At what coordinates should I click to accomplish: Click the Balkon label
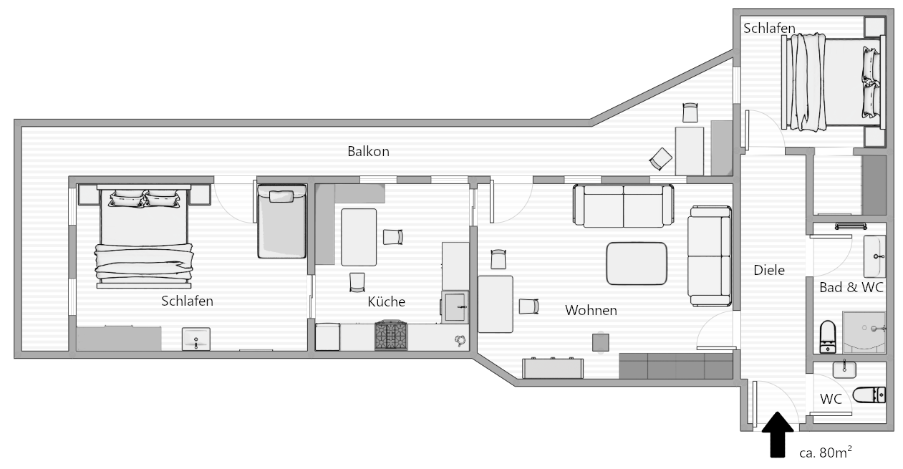coord(368,152)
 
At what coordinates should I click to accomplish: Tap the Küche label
coord(386,301)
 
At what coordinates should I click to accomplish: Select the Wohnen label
coord(591,310)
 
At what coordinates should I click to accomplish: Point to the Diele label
coord(769,270)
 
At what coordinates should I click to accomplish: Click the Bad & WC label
coord(851,287)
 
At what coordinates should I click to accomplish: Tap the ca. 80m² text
coord(825,452)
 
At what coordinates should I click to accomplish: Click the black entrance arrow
coord(778,435)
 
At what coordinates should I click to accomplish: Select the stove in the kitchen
coord(390,335)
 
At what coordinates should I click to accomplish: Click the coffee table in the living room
coord(637,263)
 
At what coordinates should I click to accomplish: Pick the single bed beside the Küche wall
coord(281,221)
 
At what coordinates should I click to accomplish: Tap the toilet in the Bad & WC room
coord(828,337)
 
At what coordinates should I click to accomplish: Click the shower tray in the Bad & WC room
coord(864,332)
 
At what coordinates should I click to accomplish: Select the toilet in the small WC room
coord(869,395)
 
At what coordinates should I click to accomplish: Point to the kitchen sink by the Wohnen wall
coord(455,307)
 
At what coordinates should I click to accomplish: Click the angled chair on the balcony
coord(661,159)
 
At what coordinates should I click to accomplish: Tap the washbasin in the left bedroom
coord(196,339)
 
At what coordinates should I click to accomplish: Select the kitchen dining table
coord(359,237)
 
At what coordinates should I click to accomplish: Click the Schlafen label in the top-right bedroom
coord(769,28)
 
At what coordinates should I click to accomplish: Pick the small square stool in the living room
coord(601,342)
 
